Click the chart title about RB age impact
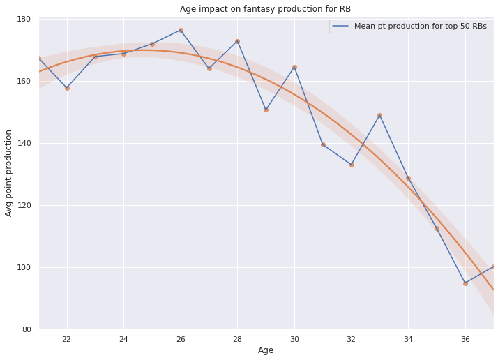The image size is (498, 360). click(x=265, y=9)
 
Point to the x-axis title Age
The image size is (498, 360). click(x=266, y=350)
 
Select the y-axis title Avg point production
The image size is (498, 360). click(x=9, y=172)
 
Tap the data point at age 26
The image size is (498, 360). click(x=181, y=30)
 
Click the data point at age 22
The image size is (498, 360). click(x=67, y=88)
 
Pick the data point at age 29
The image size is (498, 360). click(x=266, y=110)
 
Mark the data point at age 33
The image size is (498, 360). click(x=379, y=115)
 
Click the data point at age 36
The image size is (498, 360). click(x=465, y=283)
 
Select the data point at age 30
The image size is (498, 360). click(x=294, y=67)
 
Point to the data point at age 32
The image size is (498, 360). click(x=352, y=165)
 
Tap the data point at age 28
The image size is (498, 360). click(x=237, y=41)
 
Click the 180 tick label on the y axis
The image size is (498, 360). click(x=24, y=19)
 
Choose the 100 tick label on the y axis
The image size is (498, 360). click(x=24, y=267)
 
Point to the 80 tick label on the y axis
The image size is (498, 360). click(x=26, y=329)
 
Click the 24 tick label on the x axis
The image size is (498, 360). click(x=123, y=339)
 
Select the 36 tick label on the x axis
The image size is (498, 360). click(x=465, y=339)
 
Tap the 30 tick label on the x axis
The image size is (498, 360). click(x=294, y=339)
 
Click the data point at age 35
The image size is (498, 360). click(x=437, y=228)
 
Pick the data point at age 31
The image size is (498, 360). click(x=323, y=144)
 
